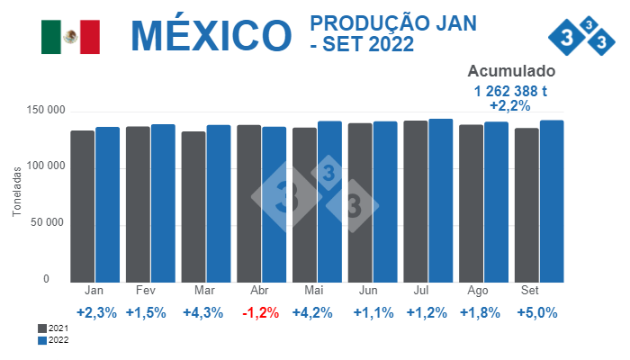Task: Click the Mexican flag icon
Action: tap(70, 36)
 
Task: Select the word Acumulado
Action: tap(511, 72)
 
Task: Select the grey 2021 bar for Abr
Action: tap(248, 203)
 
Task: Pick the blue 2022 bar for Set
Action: tap(552, 202)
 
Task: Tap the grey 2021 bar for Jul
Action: tap(415, 202)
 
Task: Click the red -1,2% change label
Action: tap(260, 313)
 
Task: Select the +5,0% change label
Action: tap(537, 313)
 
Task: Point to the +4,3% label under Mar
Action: tap(202, 313)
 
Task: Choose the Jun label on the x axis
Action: tap(367, 291)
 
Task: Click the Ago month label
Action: tap(479, 291)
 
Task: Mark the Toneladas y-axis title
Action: tap(16, 194)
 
